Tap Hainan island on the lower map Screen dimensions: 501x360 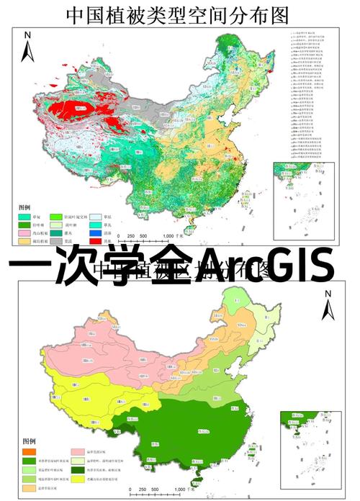199,474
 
